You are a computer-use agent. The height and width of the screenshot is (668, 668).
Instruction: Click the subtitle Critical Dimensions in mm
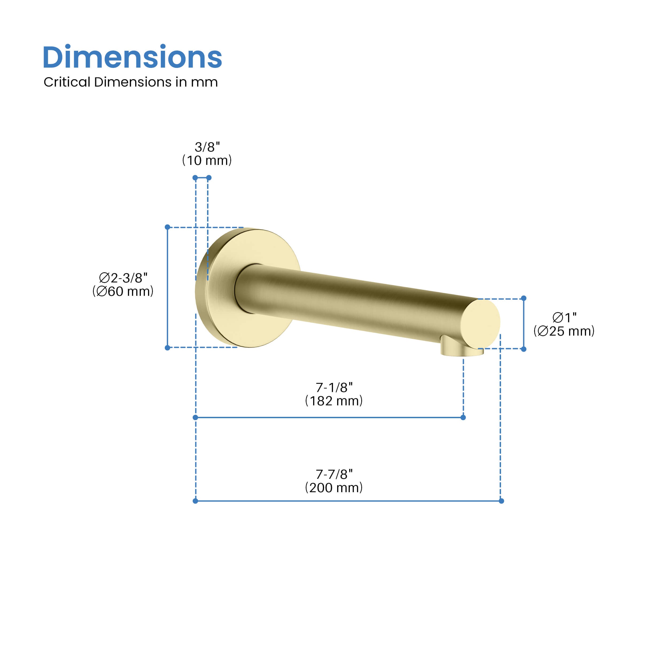pos(131,82)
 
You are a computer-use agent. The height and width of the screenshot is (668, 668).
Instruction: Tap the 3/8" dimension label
pos(207,147)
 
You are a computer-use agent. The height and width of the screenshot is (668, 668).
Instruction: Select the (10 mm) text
pos(207,160)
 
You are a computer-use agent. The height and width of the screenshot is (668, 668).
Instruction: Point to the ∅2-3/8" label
pos(123,278)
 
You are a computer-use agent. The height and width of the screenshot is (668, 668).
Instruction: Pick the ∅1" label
pos(564,317)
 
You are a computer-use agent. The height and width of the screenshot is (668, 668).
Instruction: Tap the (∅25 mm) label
pos(564,331)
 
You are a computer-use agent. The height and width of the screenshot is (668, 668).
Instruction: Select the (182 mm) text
pos(334,401)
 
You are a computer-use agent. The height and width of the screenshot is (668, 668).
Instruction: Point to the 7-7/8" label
pos(334,474)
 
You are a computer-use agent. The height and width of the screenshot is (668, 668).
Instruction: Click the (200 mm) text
pos(334,488)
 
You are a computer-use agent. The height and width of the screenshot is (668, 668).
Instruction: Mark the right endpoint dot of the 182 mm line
pos(463,418)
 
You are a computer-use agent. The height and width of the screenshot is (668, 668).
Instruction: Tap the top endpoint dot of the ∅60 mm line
pos(167,227)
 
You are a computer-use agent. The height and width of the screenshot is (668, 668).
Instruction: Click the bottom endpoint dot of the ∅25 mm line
pos(524,349)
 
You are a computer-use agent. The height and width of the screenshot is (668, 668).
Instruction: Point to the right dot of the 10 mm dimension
pos(209,178)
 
